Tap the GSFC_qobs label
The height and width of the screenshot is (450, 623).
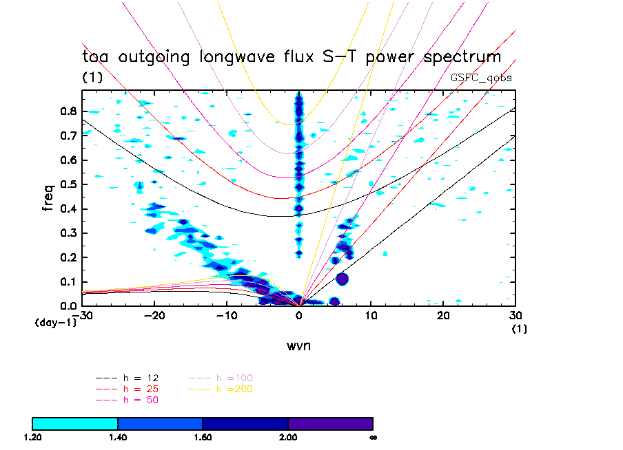tap(481, 78)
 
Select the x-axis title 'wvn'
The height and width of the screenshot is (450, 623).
tap(299, 345)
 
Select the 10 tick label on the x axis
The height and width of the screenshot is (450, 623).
tap(371, 314)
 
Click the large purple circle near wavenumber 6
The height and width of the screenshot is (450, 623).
tap(342, 279)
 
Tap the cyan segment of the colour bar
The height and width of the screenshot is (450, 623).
tap(75, 423)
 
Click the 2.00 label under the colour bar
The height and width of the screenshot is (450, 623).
tap(288, 437)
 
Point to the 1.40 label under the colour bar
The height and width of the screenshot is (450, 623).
tap(118, 437)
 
